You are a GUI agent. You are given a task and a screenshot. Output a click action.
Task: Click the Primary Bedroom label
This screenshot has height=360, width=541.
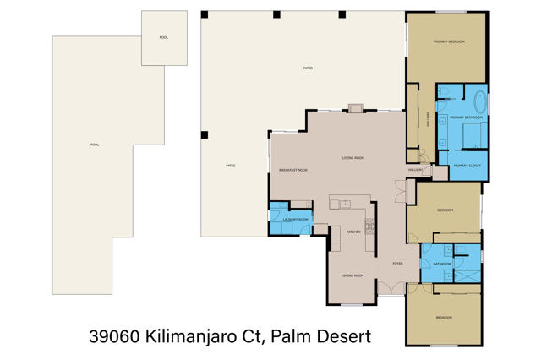(x=449, y=41)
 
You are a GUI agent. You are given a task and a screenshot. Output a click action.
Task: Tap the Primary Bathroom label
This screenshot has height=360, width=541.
(x=461, y=117)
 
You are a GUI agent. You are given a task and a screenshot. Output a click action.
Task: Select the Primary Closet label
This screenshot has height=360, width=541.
(x=467, y=166)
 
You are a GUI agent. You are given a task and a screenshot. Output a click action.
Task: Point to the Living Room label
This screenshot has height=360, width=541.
(x=352, y=158)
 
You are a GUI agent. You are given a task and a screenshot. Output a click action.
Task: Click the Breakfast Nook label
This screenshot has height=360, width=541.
(x=292, y=171)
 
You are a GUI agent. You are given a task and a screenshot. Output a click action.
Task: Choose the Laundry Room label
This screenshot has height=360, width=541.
(x=294, y=221)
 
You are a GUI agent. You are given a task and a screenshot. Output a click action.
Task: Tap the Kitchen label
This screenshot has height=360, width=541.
(x=353, y=231)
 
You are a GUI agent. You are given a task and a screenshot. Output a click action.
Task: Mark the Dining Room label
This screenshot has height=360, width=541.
(x=352, y=275)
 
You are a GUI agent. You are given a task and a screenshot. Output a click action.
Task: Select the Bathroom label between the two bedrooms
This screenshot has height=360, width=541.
(x=442, y=264)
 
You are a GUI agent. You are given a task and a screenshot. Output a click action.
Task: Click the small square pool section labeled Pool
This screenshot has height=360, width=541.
(x=163, y=38)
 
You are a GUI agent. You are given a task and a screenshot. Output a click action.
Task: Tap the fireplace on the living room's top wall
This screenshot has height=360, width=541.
(x=356, y=108)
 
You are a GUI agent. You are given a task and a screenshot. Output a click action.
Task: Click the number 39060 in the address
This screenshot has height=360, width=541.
(x=113, y=337)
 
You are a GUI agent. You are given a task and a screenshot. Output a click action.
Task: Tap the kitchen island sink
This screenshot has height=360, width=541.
(x=345, y=204)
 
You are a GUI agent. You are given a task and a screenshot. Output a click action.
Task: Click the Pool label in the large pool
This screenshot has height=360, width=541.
(x=95, y=145)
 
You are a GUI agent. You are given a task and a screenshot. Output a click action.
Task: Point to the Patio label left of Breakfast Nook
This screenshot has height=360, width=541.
(x=230, y=166)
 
